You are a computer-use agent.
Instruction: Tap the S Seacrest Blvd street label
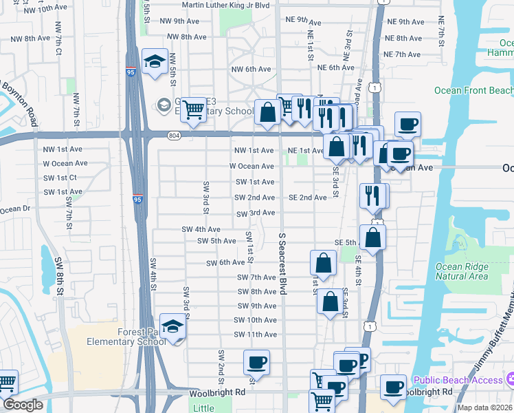282,264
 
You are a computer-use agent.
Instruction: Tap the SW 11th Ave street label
255,335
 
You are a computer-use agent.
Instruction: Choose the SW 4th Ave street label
201,229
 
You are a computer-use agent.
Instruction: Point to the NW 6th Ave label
252,69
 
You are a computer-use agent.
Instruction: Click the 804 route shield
174,136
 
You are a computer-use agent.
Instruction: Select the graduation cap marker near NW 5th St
155,61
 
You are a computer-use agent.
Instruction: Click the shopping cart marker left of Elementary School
194,109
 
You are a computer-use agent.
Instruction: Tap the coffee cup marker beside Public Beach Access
393,386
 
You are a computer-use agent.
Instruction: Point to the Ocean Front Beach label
473,91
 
